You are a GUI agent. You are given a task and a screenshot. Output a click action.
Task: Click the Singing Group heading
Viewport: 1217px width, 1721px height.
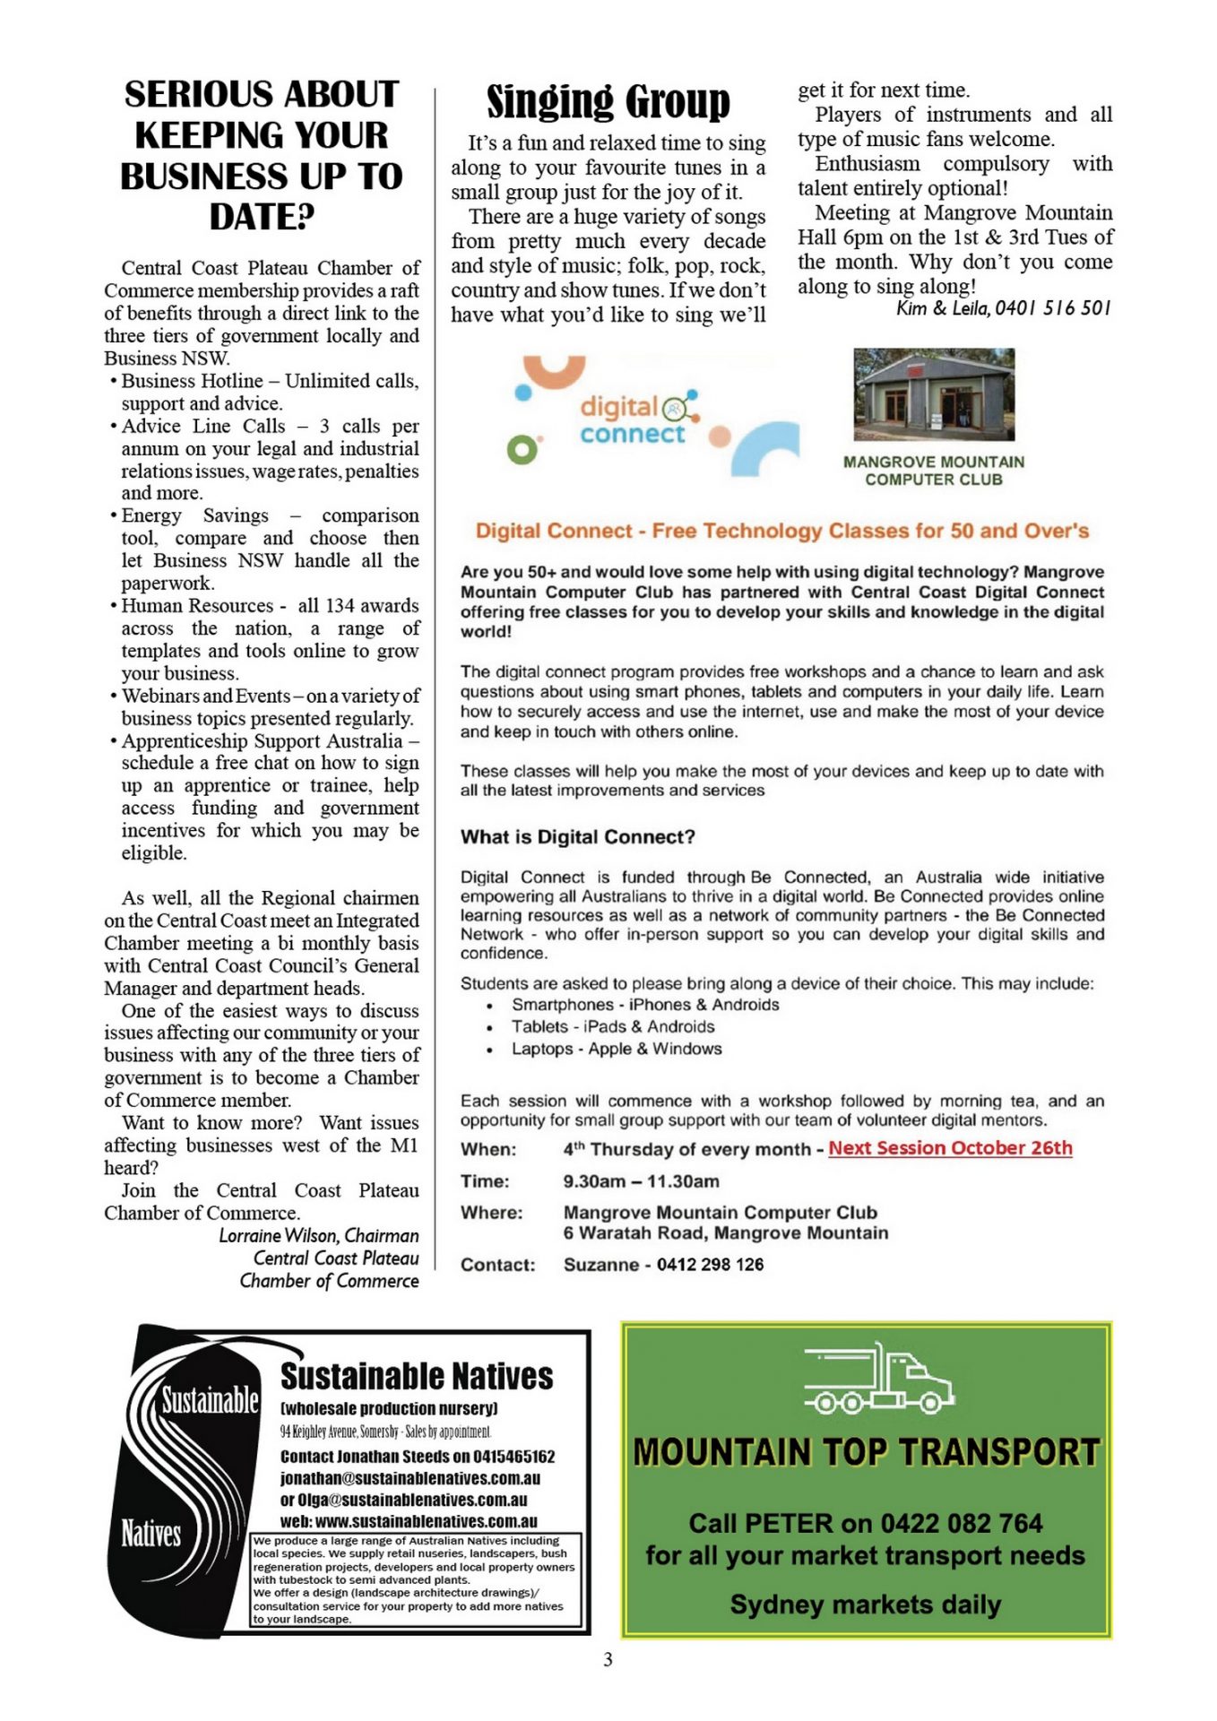(608, 101)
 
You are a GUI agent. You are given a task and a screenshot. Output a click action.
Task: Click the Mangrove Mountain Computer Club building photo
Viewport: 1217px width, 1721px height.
(934, 394)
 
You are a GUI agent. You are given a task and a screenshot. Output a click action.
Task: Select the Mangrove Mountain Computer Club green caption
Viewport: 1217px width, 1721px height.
(934, 471)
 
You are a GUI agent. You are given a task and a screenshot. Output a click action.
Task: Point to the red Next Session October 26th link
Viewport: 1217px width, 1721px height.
(950, 1148)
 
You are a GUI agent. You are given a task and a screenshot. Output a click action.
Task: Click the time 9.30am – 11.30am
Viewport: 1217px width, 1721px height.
(641, 1181)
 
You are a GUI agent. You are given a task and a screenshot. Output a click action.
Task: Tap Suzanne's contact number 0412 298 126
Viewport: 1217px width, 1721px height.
(710, 1265)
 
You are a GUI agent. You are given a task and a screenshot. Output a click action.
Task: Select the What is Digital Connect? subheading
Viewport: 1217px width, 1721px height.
(578, 837)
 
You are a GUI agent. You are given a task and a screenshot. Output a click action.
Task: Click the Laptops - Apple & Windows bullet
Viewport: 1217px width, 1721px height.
(617, 1049)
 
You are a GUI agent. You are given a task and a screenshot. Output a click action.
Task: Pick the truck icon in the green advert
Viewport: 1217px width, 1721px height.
(878, 1379)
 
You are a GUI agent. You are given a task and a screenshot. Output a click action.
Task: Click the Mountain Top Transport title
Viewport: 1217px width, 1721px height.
(866, 1452)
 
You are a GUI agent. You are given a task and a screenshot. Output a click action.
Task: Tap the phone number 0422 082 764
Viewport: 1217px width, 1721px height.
(961, 1523)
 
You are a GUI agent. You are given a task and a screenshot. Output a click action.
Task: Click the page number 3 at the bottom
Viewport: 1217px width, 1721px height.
(608, 1659)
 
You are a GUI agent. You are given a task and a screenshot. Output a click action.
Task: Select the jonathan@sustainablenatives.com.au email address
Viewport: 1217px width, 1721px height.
(410, 1478)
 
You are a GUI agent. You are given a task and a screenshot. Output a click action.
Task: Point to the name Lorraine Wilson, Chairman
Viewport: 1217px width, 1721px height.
(319, 1235)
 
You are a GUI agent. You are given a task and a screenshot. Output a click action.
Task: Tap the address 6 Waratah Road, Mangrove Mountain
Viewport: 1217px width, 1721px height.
(726, 1232)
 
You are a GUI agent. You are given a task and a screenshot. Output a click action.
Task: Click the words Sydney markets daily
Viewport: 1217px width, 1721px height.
(866, 1604)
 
